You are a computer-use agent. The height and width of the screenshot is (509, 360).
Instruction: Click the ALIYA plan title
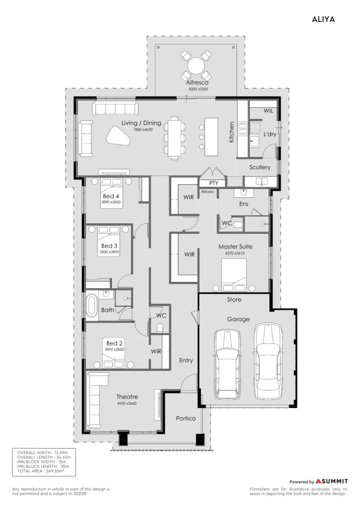[323, 19]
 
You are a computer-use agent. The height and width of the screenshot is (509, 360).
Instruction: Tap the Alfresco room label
[197, 83]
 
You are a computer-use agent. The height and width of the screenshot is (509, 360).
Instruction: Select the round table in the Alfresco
[196, 66]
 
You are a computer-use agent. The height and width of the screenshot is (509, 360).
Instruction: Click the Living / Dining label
[141, 123]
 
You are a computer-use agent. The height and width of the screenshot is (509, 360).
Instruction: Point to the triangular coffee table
[118, 136]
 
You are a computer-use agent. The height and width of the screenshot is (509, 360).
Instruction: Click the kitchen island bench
[211, 137]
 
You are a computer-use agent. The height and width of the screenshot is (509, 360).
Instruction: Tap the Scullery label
[260, 167]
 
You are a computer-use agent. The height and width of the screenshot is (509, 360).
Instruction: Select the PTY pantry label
[214, 183]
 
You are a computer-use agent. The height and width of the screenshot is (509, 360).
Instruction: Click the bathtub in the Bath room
[91, 306]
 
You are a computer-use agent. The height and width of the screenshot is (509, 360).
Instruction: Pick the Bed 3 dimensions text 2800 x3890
[109, 252]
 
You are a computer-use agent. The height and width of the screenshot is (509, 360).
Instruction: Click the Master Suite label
[235, 247]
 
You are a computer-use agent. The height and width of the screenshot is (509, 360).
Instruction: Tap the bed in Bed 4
[111, 193]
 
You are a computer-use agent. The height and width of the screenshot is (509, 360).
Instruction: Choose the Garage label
[238, 319]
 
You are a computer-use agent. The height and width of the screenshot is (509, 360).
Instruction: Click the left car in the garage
[228, 364]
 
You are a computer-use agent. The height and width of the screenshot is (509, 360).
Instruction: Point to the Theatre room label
[127, 397]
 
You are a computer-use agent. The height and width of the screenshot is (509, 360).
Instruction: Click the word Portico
[185, 419]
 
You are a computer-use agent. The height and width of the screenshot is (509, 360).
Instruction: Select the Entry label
[186, 360]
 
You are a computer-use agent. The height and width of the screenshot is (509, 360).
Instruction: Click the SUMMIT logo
[332, 481]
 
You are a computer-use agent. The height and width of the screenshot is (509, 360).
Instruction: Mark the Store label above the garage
[234, 300]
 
